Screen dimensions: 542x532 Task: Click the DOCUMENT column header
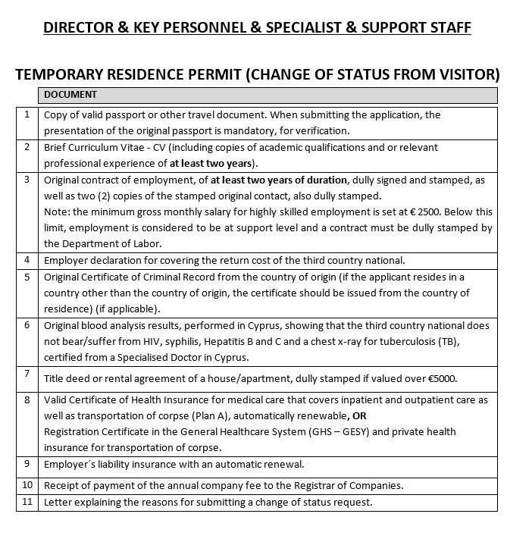[x=70, y=95]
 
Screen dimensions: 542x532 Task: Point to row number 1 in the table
[x=27, y=114]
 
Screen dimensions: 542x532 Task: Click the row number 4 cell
[x=27, y=259]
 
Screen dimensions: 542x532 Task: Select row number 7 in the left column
[x=27, y=374]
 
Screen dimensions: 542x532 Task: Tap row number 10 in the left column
[x=27, y=484]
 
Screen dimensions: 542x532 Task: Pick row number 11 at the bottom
[x=27, y=501]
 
